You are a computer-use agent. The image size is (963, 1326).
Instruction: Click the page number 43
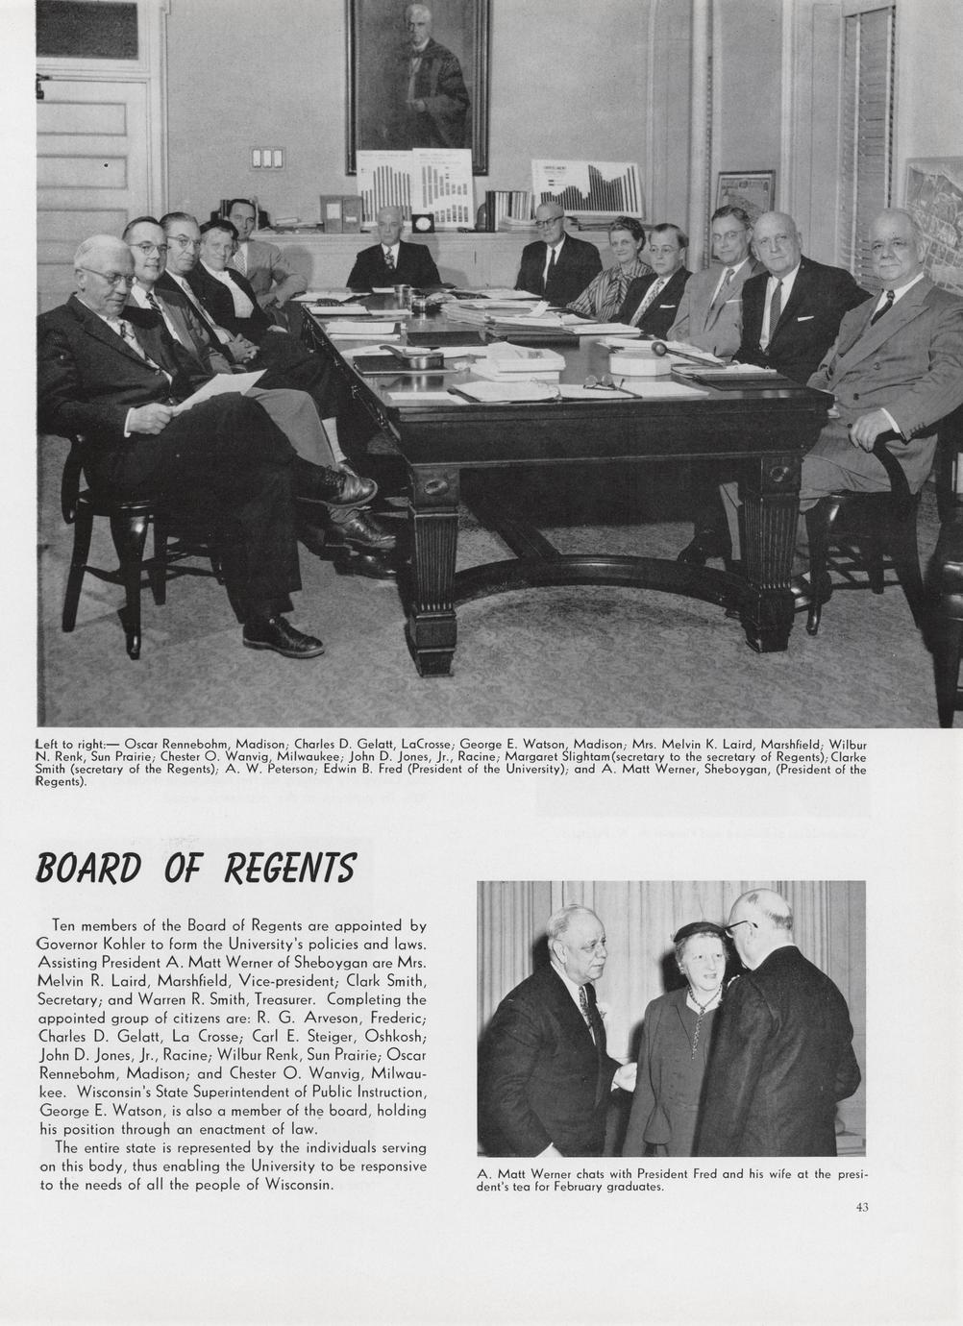tap(862, 1207)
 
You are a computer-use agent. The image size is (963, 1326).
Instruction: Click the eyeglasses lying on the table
tap(604, 382)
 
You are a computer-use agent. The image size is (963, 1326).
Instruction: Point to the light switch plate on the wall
tap(268, 158)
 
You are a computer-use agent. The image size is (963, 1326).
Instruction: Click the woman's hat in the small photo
tap(700, 930)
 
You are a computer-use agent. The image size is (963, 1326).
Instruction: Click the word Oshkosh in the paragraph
tap(394, 1037)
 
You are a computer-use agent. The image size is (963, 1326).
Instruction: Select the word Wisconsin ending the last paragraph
tap(297, 1184)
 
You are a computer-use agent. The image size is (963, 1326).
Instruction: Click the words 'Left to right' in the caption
tap(69, 744)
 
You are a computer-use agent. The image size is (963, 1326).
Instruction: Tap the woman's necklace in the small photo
tap(704, 1006)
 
